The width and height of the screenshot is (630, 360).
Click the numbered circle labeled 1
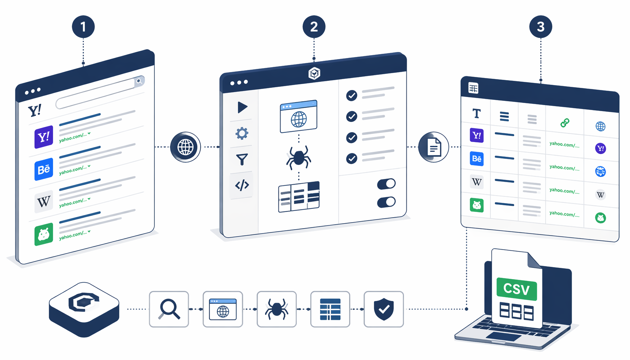pos(83,27)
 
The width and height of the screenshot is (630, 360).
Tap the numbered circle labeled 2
pos(314,27)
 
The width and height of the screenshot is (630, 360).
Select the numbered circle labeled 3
pos(541,27)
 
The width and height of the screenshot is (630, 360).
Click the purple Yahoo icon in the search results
pos(44,137)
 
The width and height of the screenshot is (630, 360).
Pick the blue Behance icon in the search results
pos(44,169)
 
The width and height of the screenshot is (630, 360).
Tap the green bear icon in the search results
pos(44,234)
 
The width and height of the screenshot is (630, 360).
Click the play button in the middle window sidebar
pos(242,107)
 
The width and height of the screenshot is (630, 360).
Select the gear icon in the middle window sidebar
pos(242,133)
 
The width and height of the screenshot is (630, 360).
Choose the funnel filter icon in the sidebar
pos(242,159)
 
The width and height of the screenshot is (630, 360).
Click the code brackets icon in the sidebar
pos(242,185)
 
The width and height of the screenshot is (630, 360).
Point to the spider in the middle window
pos(298,157)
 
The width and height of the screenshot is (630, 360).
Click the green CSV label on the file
pos(516,289)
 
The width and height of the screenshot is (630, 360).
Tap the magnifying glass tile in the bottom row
pos(169,309)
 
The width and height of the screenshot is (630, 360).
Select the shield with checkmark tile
pos(384,309)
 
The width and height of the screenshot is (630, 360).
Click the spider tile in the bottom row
pos(277,309)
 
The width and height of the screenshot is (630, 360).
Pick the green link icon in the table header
pos(565,123)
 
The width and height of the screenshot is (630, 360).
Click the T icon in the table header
pos(476,114)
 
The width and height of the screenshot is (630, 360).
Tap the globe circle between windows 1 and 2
pos(185,147)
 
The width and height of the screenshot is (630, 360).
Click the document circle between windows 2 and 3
pos(433,147)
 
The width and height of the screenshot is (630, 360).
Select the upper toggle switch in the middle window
pos(386,184)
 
